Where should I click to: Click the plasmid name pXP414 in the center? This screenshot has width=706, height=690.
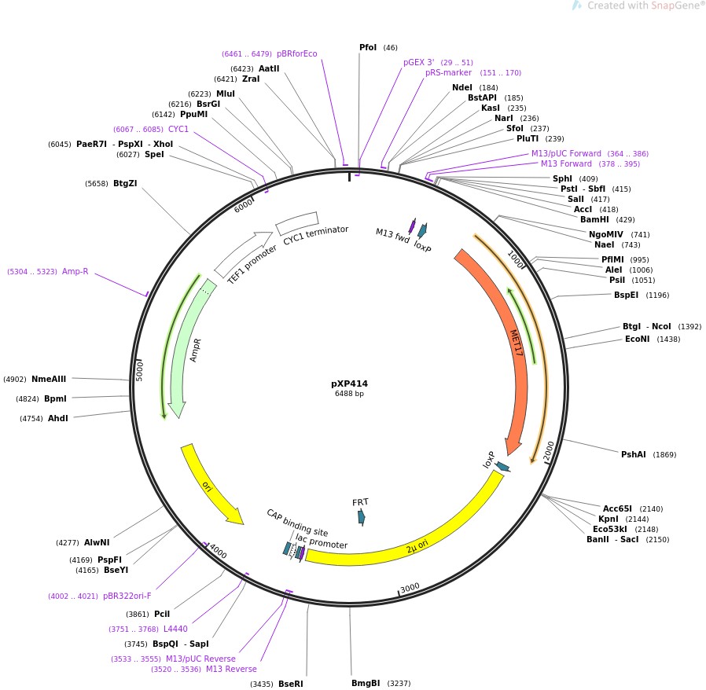point(349,384)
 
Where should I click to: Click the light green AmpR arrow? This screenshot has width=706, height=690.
point(189,346)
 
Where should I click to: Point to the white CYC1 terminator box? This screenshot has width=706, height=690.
point(296,223)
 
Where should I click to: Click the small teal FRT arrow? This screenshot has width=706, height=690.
point(361,516)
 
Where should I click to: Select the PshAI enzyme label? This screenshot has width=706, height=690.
point(633,454)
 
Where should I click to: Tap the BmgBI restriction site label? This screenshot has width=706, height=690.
point(366,683)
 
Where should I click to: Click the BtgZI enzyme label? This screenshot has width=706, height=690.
point(125,183)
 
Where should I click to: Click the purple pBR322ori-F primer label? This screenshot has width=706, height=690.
point(127,596)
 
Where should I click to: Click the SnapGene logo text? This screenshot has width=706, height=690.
point(667,6)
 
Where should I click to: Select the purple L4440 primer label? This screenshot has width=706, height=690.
point(175,629)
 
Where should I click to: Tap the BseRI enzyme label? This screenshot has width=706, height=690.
point(290,684)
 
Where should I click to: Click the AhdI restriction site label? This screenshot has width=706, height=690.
point(58,418)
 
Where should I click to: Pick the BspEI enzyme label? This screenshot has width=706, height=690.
point(626,295)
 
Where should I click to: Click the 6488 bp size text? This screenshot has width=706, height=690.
point(349,394)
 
